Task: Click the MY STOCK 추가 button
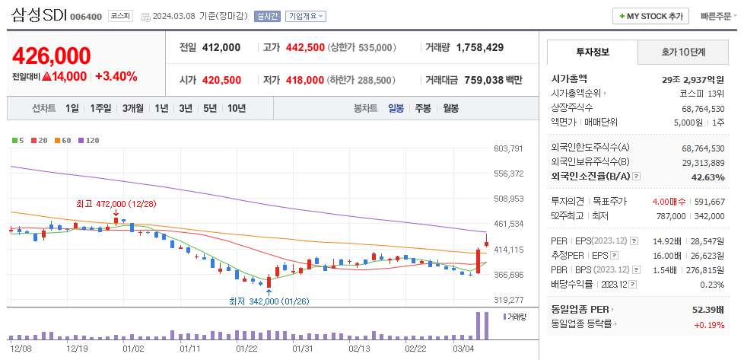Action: (650, 16)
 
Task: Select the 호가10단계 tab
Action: (682, 53)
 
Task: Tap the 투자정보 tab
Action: (593, 53)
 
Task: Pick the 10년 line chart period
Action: (236, 108)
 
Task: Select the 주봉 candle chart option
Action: (423, 108)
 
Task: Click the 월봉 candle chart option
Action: (450, 108)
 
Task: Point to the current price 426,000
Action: (52, 56)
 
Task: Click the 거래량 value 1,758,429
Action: (480, 47)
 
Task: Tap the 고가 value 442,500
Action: (305, 47)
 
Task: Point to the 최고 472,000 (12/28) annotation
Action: (116, 204)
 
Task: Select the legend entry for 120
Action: (91, 140)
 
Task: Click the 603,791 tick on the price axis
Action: (508, 148)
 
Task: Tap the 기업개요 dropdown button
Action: (306, 16)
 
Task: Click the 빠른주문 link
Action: (716, 16)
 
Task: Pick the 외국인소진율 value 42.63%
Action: (707, 177)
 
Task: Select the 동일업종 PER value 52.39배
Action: (706, 309)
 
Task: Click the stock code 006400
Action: (86, 17)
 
